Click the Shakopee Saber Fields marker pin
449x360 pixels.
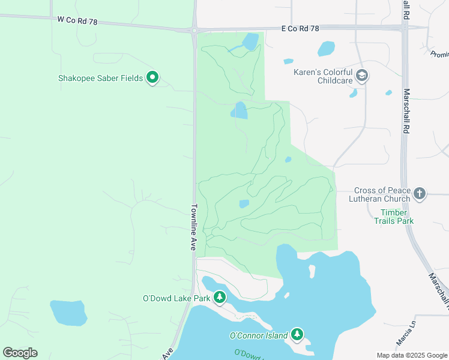click(152, 77)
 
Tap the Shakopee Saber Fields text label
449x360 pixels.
click(100, 78)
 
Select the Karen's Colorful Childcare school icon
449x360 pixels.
click(361, 76)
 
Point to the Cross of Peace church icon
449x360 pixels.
click(420, 194)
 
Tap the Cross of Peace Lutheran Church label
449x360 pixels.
click(382, 194)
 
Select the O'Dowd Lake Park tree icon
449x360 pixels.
click(220, 297)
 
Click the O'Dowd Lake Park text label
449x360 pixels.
click(176, 298)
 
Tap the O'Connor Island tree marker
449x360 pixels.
click(297, 334)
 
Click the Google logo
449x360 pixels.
click(20, 353)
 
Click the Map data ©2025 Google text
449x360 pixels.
click(411, 355)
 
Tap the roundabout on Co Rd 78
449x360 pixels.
click(194, 29)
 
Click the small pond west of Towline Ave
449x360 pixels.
click(68, 312)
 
